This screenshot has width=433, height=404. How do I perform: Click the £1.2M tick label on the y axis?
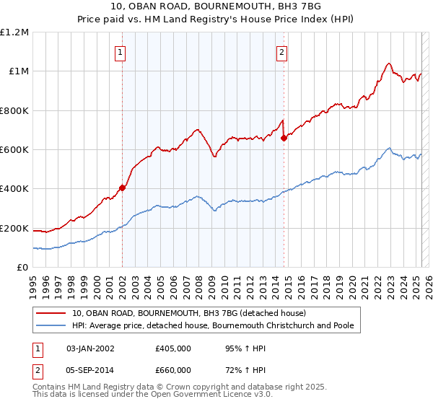point(14,32)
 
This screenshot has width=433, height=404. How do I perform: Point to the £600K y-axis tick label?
point(14,149)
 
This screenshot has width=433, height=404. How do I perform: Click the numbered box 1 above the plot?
point(120,51)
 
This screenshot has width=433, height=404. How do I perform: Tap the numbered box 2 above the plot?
point(281,51)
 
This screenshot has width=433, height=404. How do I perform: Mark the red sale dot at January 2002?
point(123,188)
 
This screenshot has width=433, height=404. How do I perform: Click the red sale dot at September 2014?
point(284,138)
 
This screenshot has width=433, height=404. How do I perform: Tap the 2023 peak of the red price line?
point(389,63)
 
